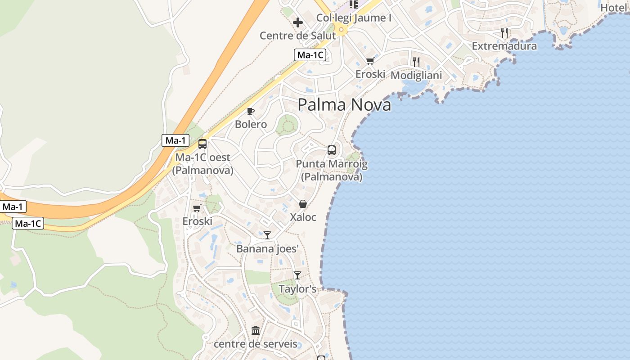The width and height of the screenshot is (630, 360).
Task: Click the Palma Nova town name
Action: pos(344,105)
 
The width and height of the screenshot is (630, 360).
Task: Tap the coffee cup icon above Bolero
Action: pos(251,111)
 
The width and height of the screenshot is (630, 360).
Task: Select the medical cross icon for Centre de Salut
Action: pos(298,22)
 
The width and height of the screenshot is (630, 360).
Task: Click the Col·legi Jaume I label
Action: pos(353,18)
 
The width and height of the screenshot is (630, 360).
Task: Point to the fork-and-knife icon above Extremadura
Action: pos(504,33)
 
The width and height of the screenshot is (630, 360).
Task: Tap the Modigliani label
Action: pos(416,75)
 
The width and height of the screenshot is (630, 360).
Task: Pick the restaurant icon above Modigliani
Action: pos(416,62)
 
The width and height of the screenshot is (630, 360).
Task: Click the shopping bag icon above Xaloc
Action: pos(303,204)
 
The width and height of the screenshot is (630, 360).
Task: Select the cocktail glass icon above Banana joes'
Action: pos(267,235)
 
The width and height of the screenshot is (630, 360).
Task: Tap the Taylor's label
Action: pos(297,289)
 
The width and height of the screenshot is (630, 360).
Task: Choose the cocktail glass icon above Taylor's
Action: pos(297,275)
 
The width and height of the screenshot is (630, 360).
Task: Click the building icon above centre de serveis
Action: pos(256,331)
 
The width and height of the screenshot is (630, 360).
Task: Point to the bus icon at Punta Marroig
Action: pos(332,150)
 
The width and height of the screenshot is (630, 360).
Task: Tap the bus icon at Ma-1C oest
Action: pos(202,144)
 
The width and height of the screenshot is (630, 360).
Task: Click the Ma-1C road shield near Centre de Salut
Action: pos(310,55)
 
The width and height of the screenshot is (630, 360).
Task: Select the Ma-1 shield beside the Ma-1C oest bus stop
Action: pos(175,140)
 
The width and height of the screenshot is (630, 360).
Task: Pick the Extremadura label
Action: pos(504,46)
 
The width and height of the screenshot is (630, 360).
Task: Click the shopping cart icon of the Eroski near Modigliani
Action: pos(370,61)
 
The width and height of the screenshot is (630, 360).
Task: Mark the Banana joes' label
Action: pos(267,248)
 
